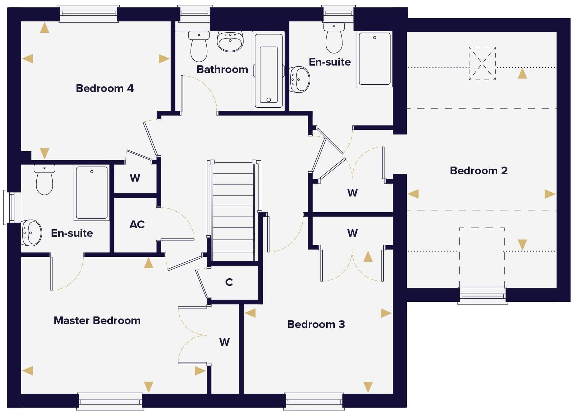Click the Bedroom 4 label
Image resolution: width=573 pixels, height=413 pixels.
point(104,88)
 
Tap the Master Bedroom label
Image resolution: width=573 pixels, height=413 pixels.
point(97,321)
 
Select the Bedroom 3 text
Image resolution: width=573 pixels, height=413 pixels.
point(316,324)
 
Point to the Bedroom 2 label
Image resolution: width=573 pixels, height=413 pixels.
point(478,171)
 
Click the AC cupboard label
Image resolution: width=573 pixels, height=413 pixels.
point(137,224)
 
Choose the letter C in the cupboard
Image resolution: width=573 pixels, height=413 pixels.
point(229,282)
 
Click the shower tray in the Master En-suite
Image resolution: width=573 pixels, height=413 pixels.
point(92,192)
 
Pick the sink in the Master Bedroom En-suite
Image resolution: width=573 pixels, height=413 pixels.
point(31,233)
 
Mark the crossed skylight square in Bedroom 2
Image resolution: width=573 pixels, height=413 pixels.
point(482,63)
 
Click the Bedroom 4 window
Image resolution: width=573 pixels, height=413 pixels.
point(88,13)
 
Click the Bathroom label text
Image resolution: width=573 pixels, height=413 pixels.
point(222,69)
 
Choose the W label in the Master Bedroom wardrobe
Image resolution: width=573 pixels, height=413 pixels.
point(224,342)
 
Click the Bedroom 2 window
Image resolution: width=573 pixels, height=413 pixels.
point(482,295)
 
